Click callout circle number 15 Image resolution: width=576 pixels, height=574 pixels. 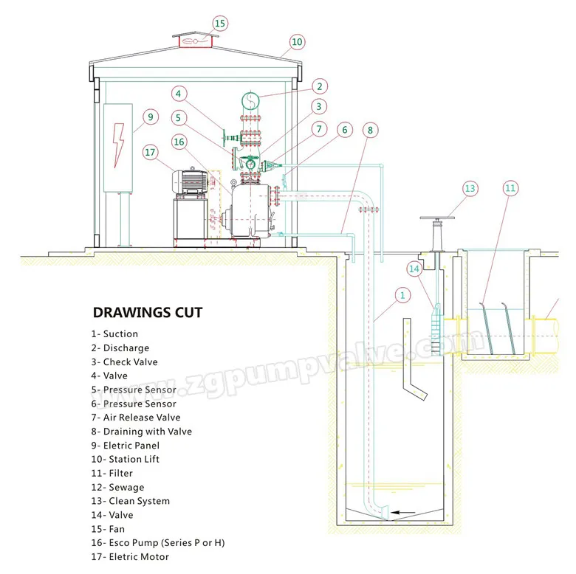point(219,24)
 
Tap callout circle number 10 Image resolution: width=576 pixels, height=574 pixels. point(297,42)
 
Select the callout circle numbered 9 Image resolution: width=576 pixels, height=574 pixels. point(150,117)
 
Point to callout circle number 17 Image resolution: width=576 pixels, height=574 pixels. point(150,152)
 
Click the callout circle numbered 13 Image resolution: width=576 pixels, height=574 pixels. point(470,189)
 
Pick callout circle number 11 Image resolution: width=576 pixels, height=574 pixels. point(510,188)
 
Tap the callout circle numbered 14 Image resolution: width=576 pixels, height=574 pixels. point(414,269)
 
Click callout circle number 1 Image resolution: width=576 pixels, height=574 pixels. point(402,295)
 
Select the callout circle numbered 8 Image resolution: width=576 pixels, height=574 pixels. point(370,130)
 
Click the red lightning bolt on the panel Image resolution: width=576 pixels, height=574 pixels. point(118,145)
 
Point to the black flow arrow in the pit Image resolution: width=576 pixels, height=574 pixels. point(402,512)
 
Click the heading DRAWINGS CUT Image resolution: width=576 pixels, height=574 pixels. point(148,312)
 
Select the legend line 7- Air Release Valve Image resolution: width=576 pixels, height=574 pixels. point(136,418)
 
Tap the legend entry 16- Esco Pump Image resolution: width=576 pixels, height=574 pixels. point(158,542)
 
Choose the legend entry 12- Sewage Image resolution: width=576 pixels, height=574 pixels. point(117,487)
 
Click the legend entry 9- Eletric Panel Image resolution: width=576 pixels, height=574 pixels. point(126,445)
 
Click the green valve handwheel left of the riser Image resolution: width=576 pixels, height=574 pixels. point(224,137)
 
